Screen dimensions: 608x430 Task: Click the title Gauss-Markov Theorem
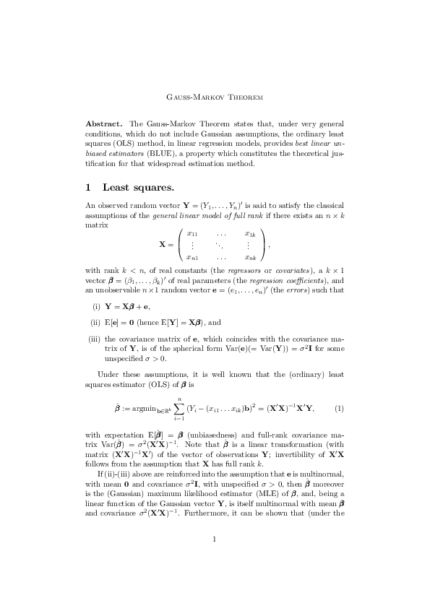tap(215, 97)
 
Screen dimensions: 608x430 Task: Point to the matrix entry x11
tap(192, 233)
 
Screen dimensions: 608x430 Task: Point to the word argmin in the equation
tap(136, 409)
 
